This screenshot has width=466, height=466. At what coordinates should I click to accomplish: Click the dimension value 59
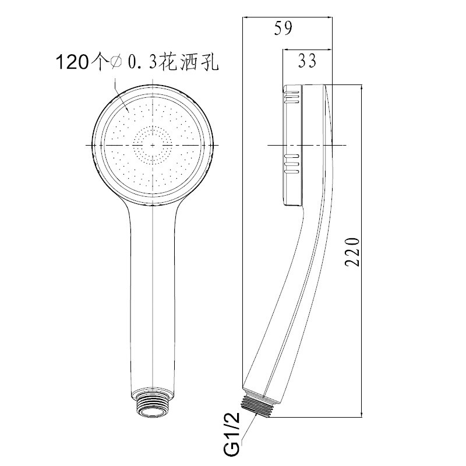pos(283,28)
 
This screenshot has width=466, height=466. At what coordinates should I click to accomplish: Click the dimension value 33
pos(308,61)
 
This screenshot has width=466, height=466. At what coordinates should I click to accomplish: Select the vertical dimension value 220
pos(352,252)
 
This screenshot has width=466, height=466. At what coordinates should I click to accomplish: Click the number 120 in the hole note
pos(72,62)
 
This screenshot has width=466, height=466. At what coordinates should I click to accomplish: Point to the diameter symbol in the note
pos(116,62)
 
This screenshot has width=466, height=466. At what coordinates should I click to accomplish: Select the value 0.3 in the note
pos(142,62)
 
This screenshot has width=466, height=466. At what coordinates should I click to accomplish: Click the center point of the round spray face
pos(153,145)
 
